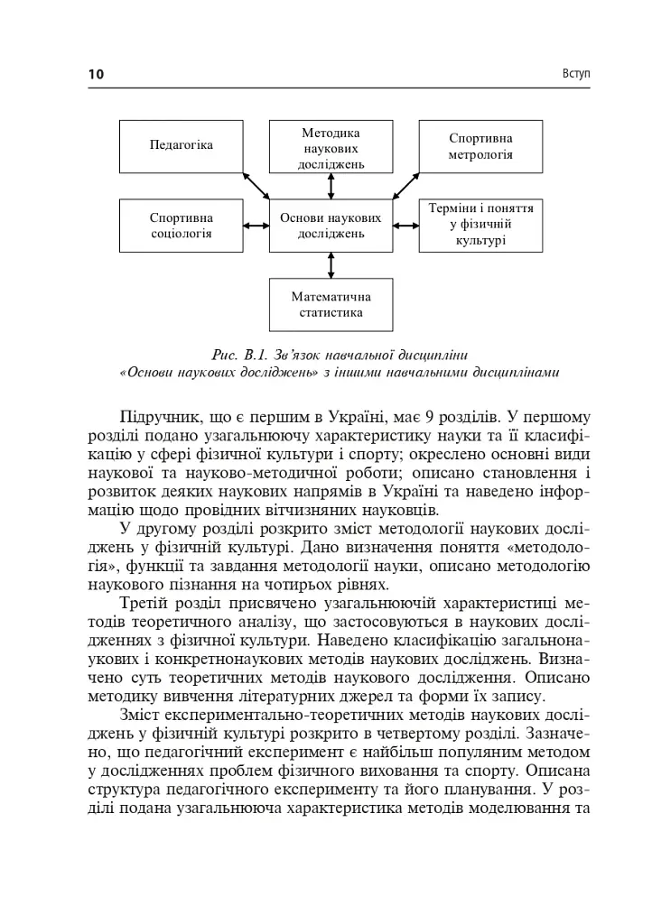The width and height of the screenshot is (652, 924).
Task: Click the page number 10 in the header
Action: [x=96, y=74]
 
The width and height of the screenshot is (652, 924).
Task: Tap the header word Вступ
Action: [x=574, y=73]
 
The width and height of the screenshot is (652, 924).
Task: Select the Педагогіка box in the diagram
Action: [x=182, y=145]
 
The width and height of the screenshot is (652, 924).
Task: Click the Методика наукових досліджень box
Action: [x=331, y=147]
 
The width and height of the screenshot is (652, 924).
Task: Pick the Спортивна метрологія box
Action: [x=480, y=146]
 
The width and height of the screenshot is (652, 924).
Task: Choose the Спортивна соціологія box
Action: [x=182, y=226]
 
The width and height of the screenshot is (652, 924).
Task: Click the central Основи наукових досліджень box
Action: [x=331, y=226]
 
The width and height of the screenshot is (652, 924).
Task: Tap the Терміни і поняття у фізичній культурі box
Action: [x=480, y=225]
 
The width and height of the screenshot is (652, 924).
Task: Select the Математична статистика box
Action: [x=331, y=305]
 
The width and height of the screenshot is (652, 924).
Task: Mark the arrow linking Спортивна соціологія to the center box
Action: [x=256, y=226]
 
